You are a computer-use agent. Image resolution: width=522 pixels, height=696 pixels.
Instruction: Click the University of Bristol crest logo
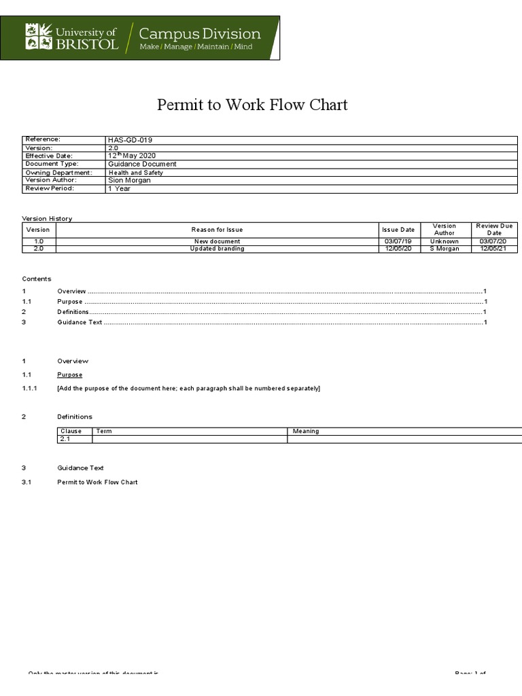[39, 37]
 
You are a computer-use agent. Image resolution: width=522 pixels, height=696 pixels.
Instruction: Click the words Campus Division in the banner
[199, 33]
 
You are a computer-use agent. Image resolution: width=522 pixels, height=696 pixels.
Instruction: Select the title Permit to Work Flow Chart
[252, 105]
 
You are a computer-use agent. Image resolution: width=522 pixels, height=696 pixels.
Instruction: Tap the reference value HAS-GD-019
[130, 140]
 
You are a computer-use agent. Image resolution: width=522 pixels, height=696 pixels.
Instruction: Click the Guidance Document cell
[142, 164]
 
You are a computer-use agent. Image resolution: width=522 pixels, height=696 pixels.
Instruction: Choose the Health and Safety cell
[136, 173]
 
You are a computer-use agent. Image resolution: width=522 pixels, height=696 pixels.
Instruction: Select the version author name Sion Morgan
[129, 180]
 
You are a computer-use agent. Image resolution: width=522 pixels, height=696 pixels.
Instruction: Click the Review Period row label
[50, 188]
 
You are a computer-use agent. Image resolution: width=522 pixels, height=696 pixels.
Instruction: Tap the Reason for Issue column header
[217, 230]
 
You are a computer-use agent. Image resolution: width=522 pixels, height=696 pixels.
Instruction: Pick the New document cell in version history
[217, 241]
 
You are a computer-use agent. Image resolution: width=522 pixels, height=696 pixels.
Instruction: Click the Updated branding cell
[217, 249]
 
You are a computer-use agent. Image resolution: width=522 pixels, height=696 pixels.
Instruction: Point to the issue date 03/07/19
[398, 241]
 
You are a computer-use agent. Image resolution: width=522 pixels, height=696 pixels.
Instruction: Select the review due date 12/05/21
[493, 249]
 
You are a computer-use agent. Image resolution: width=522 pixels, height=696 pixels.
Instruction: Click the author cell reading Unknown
[445, 241]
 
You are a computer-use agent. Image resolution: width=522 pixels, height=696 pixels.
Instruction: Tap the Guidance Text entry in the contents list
[80, 322]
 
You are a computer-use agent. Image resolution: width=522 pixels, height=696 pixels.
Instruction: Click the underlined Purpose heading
[70, 375]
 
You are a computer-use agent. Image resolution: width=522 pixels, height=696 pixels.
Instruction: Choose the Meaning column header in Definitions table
[306, 431]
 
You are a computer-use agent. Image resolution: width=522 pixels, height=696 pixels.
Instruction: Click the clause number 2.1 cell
[66, 439]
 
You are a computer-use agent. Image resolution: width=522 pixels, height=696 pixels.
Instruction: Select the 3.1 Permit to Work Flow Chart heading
[97, 482]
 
